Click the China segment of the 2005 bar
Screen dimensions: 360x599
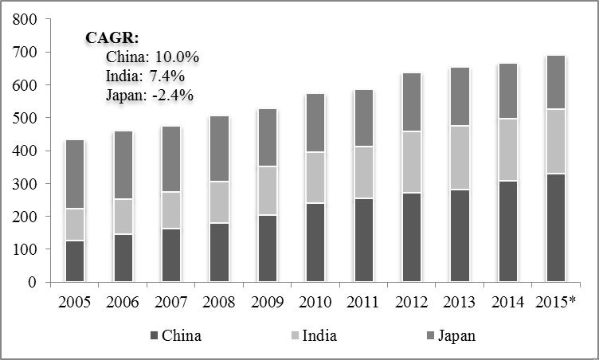(75, 260)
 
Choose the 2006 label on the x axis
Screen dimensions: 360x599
(123, 303)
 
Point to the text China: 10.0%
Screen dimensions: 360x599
(151, 57)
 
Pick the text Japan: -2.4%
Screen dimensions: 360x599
(150, 95)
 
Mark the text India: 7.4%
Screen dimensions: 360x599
(145, 76)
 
